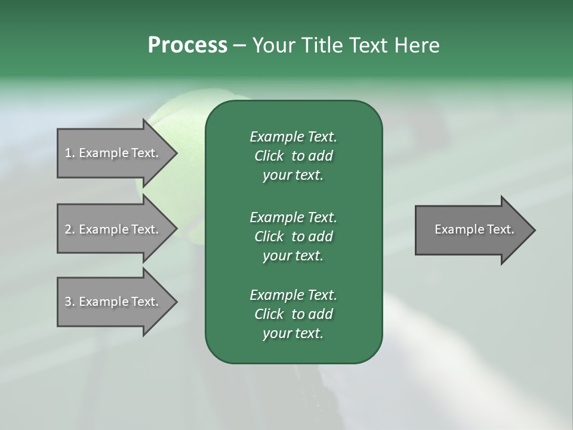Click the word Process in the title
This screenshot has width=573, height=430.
pos(187,45)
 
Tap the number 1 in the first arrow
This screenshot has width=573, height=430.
pos(68,153)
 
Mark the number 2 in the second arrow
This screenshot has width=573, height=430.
pos(68,229)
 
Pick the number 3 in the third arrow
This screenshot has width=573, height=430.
pos(68,302)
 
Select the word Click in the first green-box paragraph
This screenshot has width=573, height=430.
pos(269,156)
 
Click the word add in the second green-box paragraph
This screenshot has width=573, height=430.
pos(321,236)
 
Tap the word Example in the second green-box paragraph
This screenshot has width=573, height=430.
pos(276,217)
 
